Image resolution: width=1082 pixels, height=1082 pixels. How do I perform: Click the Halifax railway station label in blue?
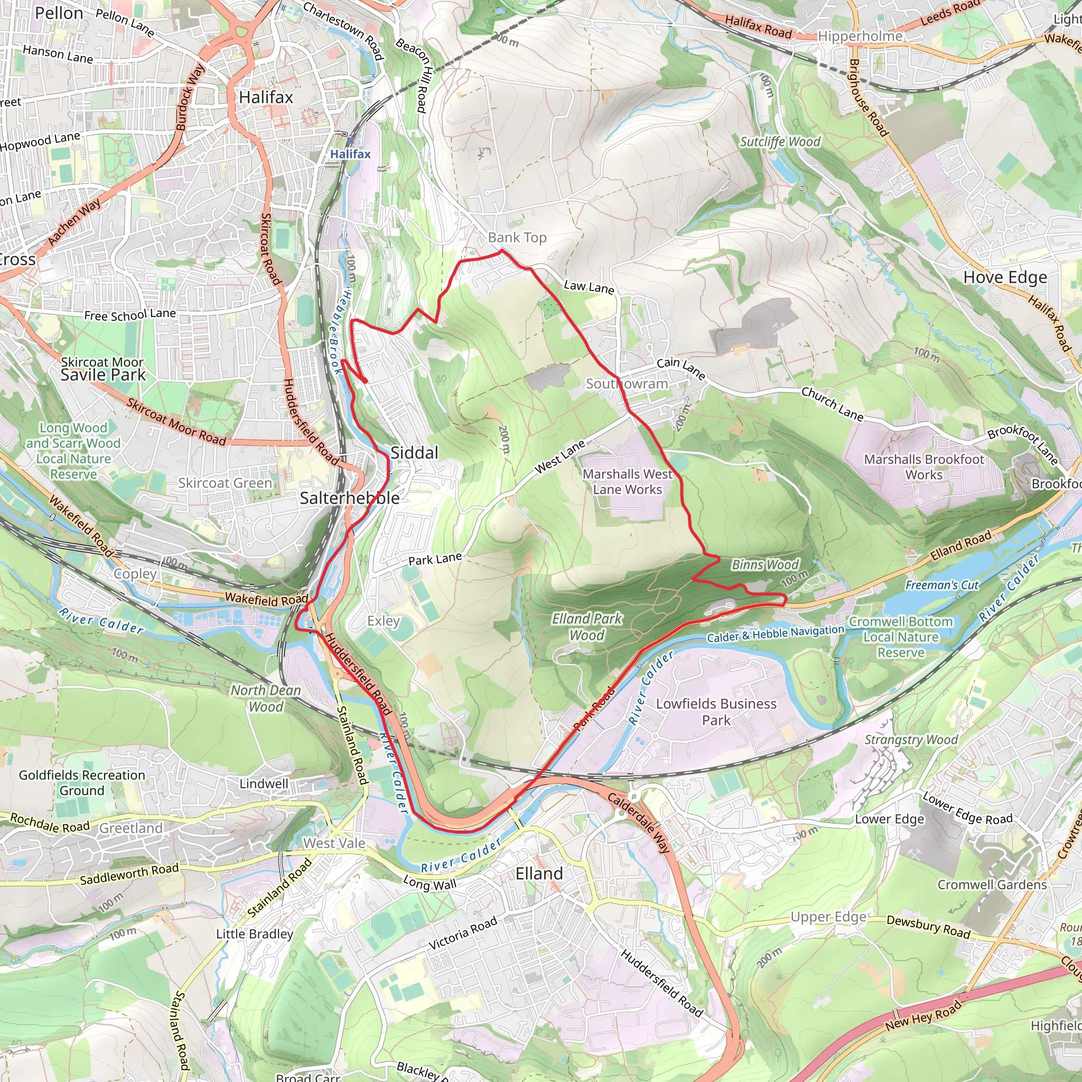click(x=350, y=154)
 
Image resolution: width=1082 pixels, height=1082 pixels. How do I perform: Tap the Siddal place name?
click(x=414, y=453)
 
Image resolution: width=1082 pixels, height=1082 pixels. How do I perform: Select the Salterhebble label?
click(x=349, y=498)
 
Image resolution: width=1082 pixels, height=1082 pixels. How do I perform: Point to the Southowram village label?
click(x=627, y=384)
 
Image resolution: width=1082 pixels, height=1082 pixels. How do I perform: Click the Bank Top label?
click(x=517, y=237)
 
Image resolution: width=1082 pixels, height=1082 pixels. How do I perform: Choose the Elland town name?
click(x=539, y=874)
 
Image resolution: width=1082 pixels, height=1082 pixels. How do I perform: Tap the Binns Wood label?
click(x=765, y=565)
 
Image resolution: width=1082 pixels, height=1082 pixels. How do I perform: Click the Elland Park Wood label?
click(x=587, y=627)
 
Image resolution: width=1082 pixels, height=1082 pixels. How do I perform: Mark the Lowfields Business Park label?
click(x=716, y=712)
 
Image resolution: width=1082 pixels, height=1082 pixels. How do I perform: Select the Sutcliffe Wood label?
click(x=780, y=142)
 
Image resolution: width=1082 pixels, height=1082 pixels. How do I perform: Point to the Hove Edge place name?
click(x=1005, y=277)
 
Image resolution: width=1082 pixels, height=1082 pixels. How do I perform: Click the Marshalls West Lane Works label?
click(x=627, y=482)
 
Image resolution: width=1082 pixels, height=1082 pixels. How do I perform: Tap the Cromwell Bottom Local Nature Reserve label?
click(x=901, y=637)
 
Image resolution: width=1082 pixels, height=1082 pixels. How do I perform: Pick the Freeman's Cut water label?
click(x=942, y=585)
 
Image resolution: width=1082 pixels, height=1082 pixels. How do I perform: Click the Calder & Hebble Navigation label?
click(x=775, y=634)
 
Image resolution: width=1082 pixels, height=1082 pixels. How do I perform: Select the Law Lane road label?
click(x=589, y=287)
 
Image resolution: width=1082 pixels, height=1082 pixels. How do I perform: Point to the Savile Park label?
click(x=103, y=375)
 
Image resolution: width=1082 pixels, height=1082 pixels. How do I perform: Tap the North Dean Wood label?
click(x=266, y=698)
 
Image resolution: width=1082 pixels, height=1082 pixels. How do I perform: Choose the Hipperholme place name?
click(x=860, y=36)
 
